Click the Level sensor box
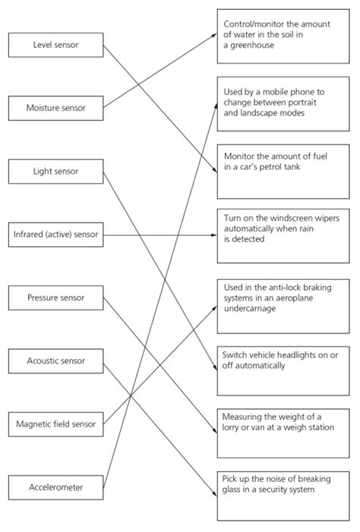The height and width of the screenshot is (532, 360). tap(55, 46)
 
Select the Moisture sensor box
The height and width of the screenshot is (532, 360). tap(55, 108)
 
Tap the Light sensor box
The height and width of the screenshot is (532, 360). tap(55, 172)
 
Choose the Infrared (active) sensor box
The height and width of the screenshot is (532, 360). tap(55, 235)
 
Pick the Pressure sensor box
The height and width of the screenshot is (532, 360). tap(55, 297)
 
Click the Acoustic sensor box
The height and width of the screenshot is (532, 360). tap(55, 360)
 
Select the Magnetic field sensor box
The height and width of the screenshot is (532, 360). tap(55, 423)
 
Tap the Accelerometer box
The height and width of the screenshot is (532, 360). tap(55, 486)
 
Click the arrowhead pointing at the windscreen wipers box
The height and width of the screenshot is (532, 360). tap(213, 235)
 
